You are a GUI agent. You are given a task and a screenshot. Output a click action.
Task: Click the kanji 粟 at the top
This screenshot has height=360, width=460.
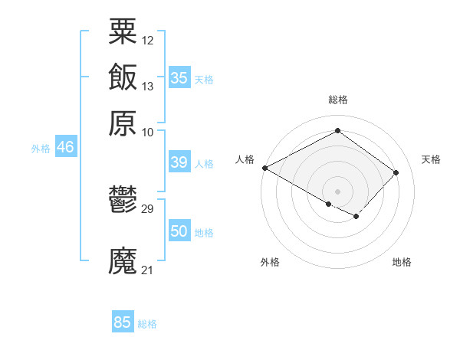123,31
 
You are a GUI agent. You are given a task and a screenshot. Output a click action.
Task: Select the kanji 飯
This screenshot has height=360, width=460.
123,77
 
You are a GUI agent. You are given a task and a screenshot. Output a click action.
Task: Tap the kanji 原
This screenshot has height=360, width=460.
123,123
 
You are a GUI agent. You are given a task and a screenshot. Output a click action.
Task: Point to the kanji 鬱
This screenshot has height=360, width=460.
123,200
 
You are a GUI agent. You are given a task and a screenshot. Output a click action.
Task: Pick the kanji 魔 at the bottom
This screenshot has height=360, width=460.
123,261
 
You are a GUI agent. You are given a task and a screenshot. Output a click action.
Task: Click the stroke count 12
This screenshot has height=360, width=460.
148,40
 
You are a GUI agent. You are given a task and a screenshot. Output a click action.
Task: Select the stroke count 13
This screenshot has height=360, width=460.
148,86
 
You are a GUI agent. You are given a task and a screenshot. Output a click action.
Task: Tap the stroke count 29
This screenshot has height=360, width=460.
148,208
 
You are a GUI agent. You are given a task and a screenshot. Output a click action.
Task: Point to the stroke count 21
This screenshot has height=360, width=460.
148,270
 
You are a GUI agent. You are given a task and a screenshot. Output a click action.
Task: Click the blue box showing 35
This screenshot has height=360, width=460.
179,77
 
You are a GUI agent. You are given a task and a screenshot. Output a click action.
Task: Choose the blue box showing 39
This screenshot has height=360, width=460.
179,162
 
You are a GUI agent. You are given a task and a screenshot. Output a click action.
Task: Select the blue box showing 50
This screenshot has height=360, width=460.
179,231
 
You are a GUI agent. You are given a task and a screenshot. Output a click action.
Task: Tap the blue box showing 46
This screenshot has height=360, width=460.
65,147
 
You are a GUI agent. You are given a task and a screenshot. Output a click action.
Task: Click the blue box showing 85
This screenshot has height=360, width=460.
123,322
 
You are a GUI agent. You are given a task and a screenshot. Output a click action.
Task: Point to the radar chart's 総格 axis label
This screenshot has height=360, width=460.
337,100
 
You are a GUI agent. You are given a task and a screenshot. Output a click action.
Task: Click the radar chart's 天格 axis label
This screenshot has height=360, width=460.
431,159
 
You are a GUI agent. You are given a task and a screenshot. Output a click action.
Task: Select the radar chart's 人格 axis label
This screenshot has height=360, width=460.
245,159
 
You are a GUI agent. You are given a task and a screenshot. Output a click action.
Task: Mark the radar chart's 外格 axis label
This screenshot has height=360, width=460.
270,262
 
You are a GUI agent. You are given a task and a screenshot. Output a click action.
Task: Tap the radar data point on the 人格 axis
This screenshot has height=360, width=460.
264,168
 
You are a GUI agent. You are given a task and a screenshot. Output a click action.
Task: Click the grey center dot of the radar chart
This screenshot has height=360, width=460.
337,191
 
